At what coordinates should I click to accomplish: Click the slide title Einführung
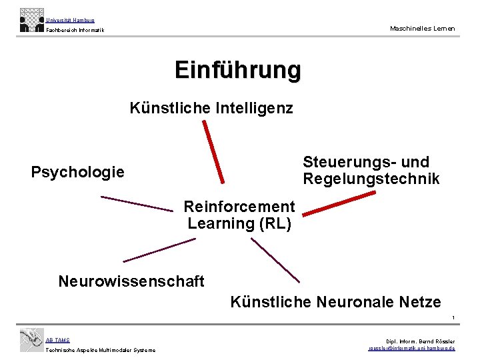tap(237, 69)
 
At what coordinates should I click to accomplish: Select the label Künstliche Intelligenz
tap(211, 108)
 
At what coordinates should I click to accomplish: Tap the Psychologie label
tap(77, 172)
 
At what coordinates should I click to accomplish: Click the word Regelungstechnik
tap(371, 179)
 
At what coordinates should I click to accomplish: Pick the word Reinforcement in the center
tap(239, 207)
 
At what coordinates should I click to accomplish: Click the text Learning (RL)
tap(239, 223)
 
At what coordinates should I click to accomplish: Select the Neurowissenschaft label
tap(131, 281)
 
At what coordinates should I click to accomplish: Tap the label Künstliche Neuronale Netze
tap(335, 302)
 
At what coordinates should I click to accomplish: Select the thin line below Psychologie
tap(136, 203)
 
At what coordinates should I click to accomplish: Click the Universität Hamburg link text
tap(70, 21)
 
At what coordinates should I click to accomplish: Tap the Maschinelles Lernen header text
tap(423, 28)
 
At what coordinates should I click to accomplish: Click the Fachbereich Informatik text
tap(75, 30)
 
